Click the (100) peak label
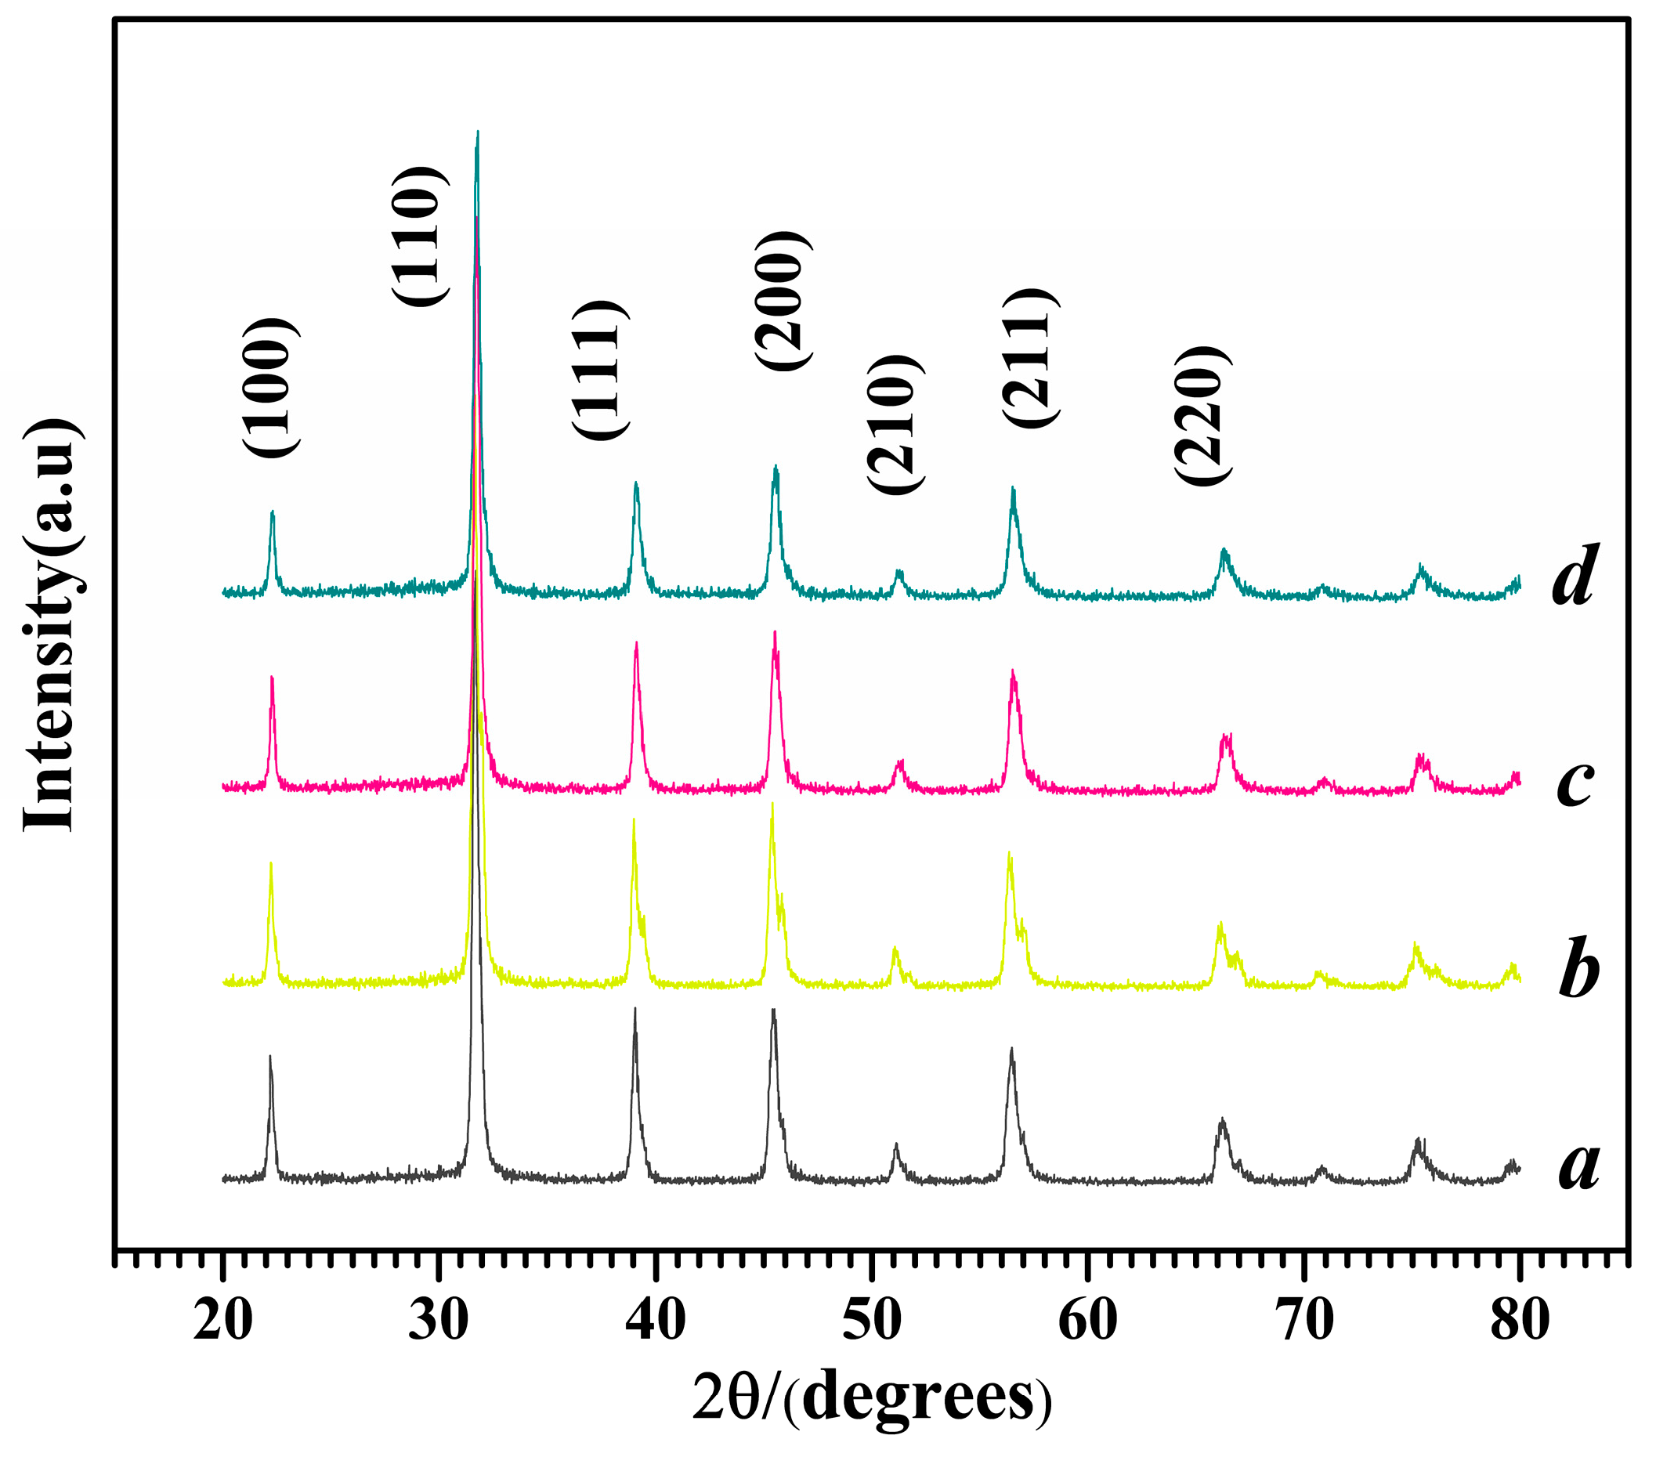(x=270, y=387)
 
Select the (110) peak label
(x=419, y=236)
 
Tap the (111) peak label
(x=600, y=370)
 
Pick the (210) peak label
(x=895, y=424)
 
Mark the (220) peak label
(x=1202, y=415)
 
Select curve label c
(x=1575, y=781)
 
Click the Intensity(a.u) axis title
(x=50, y=625)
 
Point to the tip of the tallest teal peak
(x=477, y=132)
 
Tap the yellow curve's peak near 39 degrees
(x=634, y=820)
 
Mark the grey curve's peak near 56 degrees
(x=1011, y=1049)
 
